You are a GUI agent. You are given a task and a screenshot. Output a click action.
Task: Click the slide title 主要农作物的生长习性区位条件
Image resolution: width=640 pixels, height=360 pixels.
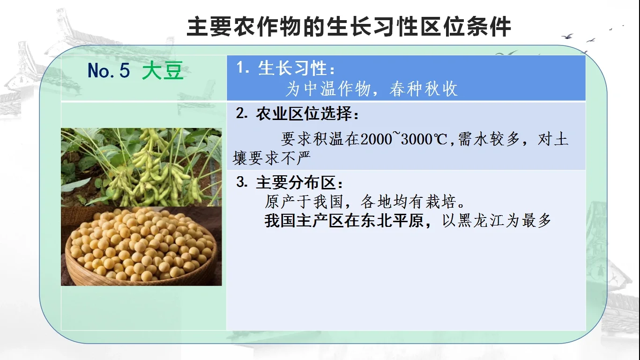(349, 27)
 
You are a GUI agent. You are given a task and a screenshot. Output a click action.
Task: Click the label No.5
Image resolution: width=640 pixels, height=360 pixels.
(108, 71)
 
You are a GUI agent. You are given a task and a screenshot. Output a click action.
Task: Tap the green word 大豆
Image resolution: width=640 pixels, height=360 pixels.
(163, 71)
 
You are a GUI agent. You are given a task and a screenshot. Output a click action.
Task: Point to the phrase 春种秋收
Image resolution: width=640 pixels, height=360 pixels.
(423, 89)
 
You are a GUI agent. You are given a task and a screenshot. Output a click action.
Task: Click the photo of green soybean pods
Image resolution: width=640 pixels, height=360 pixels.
(141, 167)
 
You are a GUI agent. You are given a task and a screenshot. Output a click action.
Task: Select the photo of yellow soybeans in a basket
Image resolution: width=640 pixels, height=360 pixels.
(141, 246)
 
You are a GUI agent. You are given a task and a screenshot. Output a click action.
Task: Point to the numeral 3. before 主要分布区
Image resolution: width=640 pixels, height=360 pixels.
(242, 183)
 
